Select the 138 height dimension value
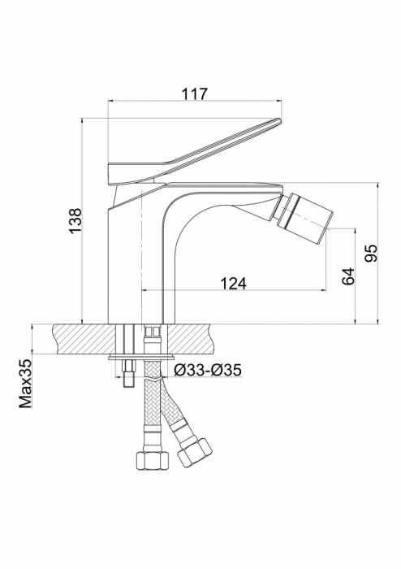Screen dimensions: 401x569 [75, 221]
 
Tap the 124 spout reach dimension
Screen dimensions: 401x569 [234, 284]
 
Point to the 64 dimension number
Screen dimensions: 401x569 [348, 276]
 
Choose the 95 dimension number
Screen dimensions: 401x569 [371, 253]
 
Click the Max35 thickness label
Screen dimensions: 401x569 [26, 384]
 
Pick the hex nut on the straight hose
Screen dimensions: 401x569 [153, 460]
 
